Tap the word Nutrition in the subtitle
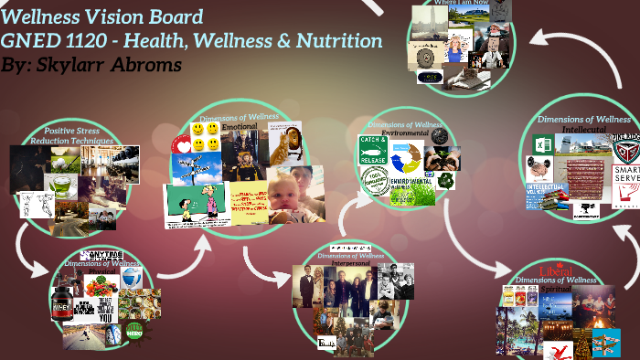click(x=341, y=41)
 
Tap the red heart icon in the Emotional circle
click(x=182, y=146)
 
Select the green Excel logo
click(x=540, y=143)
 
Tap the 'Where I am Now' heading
click(x=462, y=3)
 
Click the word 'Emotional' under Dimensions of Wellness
click(x=240, y=127)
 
